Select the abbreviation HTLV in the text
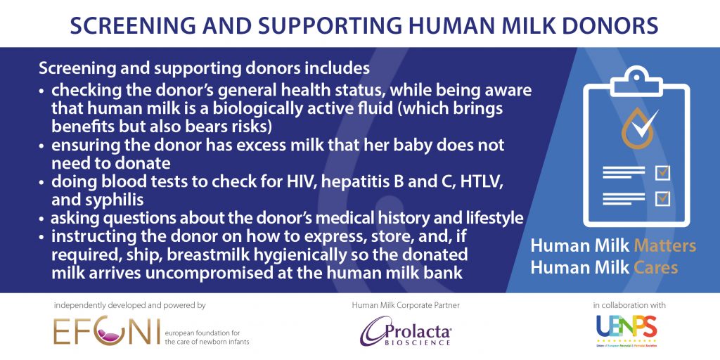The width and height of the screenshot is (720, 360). click(x=480, y=182)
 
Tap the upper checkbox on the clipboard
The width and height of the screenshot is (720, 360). click(x=662, y=173)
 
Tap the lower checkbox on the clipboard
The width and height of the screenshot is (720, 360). click(x=662, y=198)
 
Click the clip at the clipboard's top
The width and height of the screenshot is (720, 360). click(x=636, y=78)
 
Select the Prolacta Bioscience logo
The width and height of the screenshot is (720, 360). click(x=406, y=331)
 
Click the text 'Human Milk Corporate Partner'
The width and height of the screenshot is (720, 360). click(x=406, y=305)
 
